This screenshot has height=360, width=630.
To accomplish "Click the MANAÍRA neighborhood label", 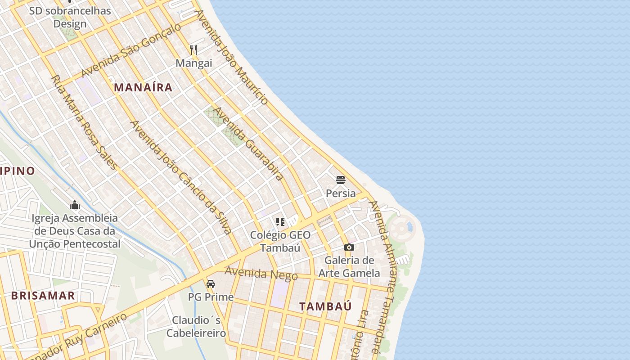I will pos(143,87).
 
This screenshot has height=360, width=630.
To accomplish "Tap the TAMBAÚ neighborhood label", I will pos(325,306).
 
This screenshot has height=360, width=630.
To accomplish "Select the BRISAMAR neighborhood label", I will pos(43,296).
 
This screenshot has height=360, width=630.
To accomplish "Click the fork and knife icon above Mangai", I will pos(193,49).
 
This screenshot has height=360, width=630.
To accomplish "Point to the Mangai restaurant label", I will pos(193,63).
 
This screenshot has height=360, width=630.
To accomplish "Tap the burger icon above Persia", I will pos(341,180).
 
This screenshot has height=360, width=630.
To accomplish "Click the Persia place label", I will pos(341,193).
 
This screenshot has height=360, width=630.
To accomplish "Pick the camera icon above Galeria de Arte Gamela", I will pos(349,247).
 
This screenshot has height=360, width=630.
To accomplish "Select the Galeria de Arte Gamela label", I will pos(349,266).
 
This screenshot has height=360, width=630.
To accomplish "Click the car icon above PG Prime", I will pos(211,284).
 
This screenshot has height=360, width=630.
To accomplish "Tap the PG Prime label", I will pos(211,297).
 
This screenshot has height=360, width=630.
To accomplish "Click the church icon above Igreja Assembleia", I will pos(75,205).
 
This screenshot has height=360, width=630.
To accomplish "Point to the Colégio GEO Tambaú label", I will pos(280,241).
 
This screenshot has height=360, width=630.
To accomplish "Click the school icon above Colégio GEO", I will pos(280,221).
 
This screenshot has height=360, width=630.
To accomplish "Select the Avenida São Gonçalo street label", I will pos(131,50).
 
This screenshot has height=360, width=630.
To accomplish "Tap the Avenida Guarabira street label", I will pos(248,144).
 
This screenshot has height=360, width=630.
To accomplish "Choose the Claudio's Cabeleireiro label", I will pos(196,327).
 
